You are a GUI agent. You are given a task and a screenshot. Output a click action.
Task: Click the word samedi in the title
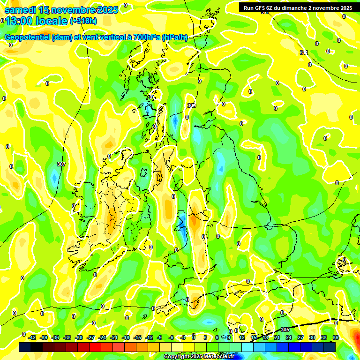20,10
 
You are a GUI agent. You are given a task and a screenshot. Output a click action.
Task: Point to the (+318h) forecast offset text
83,21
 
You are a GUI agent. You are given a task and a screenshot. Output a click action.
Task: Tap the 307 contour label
61,164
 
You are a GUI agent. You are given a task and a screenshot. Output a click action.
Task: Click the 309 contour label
191,105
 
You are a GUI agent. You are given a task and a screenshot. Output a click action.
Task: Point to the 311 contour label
304,52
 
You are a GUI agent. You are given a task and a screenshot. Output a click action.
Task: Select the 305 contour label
285,330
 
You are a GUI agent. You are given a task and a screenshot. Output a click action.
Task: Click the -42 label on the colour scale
32,337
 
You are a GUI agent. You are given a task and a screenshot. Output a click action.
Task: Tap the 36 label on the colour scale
336,337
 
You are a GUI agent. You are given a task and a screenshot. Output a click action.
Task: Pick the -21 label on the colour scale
114,337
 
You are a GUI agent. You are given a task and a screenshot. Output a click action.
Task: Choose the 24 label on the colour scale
289,337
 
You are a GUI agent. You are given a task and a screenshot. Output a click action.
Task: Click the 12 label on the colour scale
242,337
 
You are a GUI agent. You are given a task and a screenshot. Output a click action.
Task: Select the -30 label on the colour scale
79,337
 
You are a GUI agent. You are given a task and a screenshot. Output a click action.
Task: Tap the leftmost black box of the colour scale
25,347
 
